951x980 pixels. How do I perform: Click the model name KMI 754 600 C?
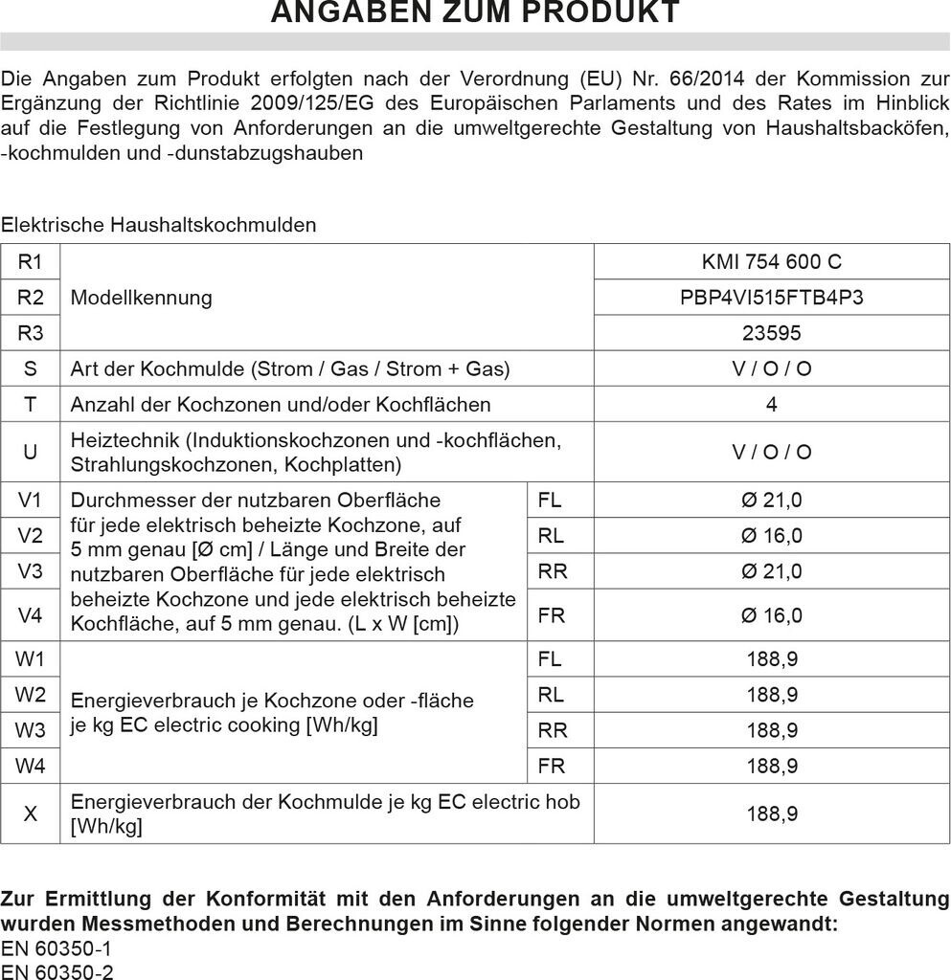771,261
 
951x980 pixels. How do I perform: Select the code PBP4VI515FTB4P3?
771,298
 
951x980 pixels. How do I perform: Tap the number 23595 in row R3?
771,333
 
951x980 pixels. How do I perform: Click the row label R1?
31,261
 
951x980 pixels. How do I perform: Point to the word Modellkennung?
141,298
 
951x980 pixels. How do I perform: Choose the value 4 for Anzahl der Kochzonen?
771,405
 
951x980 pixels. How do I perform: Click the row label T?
31,405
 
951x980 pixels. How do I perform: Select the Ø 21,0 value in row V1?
771,500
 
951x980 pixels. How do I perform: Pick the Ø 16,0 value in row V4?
771,615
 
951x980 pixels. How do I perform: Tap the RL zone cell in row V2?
551,536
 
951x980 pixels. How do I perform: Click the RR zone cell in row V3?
553,571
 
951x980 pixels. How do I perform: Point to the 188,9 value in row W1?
771,658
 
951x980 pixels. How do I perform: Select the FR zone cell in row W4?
552,766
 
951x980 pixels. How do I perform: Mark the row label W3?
31,730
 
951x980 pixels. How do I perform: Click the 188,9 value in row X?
771,814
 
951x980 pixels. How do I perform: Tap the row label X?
31,814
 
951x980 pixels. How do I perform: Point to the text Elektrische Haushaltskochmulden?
158,225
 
